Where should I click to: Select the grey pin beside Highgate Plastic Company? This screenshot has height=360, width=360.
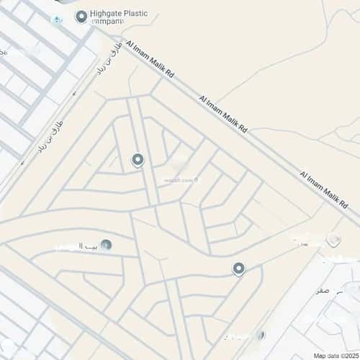point(81,15)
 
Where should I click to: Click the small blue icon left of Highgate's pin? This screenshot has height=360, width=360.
point(56,18)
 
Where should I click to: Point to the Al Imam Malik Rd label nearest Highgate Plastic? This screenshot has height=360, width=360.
point(150,60)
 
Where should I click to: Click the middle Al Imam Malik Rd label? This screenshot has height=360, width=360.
point(223,114)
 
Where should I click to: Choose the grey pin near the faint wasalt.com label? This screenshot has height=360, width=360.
point(138,160)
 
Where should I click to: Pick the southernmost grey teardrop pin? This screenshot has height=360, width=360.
point(239,269)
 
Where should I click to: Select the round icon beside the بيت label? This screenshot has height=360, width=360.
point(106,245)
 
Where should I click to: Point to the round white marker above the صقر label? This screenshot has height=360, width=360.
point(333,239)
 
